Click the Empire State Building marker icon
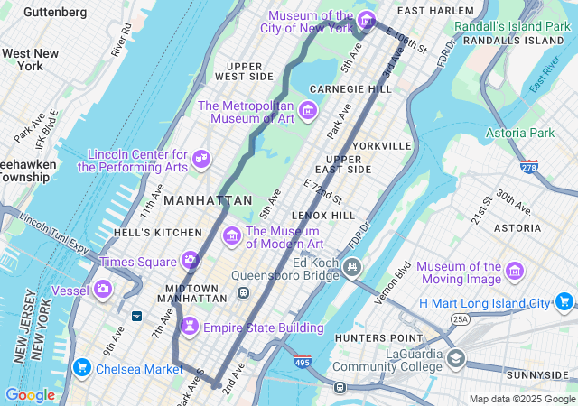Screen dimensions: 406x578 pyautogui.click(x=190, y=326)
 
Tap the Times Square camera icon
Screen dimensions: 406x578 pyautogui.click(x=191, y=261)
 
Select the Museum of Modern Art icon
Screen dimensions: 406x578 pyautogui.click(x=232, y=235)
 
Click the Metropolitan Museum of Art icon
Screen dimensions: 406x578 pyautogui.click(x=308, y=110)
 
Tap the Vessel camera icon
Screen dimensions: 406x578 pyautogui.click(x=105, y=289)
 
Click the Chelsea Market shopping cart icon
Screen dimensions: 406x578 pyautogui.click(x=82, y=367)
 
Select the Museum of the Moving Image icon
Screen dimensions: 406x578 pyautogui.click(x=515, y=272)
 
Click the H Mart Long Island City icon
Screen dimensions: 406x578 pyautogui.click(x=566, y=302)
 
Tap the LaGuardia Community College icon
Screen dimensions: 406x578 pyautogui.click(x=456, y=359)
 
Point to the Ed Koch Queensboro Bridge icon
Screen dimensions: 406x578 pyautogui.click(x=352, y=267)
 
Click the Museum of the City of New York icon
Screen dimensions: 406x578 pyautogui.click(x=367, y=20)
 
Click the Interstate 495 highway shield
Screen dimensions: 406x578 pyautogui.click(x=302, y=361)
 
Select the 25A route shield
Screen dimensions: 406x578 pyautogui.click(x=461, y=319)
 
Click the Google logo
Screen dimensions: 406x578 pyautogui.click(x=30, y=395)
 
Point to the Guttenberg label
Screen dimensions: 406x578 pyautogui.click(x=55, y=12)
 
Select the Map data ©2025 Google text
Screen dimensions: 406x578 pyautogui.click(x=521, y=399)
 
